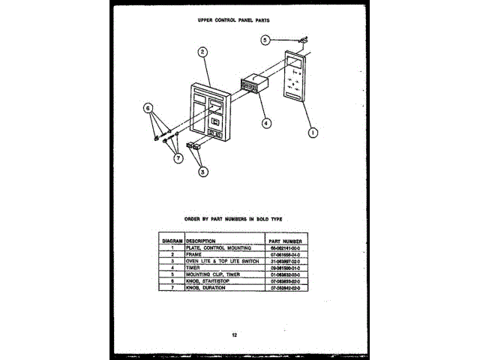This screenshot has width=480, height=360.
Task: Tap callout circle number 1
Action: tap(313, 133)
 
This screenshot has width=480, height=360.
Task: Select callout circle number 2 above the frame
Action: tap(202, 52)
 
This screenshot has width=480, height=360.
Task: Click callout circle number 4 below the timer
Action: tap(266, 121)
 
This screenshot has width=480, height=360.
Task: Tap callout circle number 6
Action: tap(148, 108)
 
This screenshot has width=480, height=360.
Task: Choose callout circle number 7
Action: tap(178, 157)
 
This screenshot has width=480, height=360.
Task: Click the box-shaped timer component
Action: tap(253, 83)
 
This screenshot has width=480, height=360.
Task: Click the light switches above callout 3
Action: tap(194, 145)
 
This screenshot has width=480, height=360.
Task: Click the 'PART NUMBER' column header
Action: tap(284, 241)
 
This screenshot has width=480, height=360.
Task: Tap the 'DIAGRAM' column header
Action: tap(172, 241)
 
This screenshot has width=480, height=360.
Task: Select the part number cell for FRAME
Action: tap(284, 253)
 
